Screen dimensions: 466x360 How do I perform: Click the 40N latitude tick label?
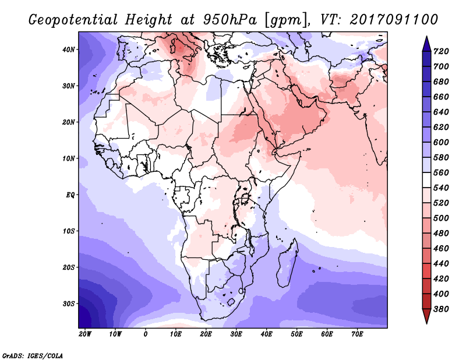point(68,50)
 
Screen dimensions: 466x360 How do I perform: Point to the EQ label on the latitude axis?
point(70,195)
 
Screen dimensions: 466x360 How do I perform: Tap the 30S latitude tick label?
point(69,304)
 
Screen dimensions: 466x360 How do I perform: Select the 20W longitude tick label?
point(85,334)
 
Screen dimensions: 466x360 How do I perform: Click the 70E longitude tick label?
point(357,334)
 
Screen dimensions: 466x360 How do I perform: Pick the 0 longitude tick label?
point(145,334)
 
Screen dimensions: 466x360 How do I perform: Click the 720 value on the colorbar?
point(441,51)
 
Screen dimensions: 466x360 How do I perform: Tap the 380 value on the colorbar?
point(441,309)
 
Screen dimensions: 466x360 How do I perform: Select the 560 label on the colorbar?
point(441,172)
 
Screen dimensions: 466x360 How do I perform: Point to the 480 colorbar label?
point(441,234)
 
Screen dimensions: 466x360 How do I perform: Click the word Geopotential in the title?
point(73,20)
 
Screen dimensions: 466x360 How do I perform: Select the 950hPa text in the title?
point(230,20)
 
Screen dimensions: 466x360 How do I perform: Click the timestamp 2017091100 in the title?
point(394,20)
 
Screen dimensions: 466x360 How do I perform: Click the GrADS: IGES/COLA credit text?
point(33,356)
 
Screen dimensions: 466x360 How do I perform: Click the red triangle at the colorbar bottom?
point(426,316)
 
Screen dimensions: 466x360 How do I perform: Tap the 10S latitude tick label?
point(69,231)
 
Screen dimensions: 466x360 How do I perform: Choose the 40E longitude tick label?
point(266,334)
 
